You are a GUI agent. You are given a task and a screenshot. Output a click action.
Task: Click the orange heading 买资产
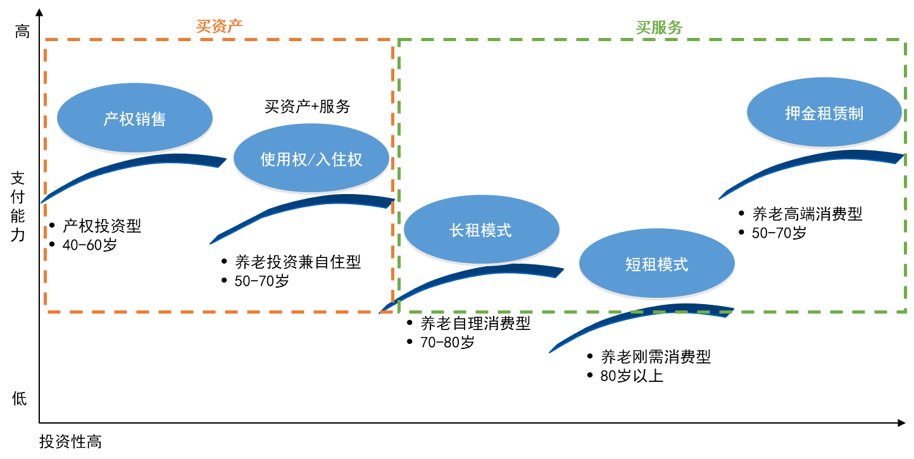pos(219,27)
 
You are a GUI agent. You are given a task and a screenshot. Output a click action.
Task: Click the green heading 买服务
pos(659,28)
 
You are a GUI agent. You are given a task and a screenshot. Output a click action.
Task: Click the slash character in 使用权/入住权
pos(311,160)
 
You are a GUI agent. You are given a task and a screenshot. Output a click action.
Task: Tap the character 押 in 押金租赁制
pos(792,114)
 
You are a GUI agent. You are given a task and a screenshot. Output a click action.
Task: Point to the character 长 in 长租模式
pos(457,231)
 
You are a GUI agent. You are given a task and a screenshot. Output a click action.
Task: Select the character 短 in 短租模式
pos(633,264)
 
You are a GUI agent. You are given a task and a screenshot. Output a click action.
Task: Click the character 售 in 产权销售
pos(158,119)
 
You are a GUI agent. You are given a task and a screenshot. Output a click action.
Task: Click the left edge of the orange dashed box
pos(46,177)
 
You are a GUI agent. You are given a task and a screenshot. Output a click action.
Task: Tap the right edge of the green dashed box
pos(905,177)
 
